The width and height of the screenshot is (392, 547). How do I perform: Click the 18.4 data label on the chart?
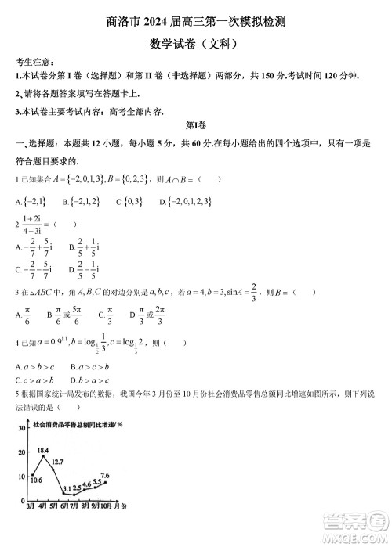coord(42,452)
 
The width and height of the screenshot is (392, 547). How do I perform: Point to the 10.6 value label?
coord(36,480)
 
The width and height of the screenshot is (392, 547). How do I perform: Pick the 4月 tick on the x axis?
coord(42,507)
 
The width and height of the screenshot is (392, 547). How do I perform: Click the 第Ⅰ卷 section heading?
coord(194,126)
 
